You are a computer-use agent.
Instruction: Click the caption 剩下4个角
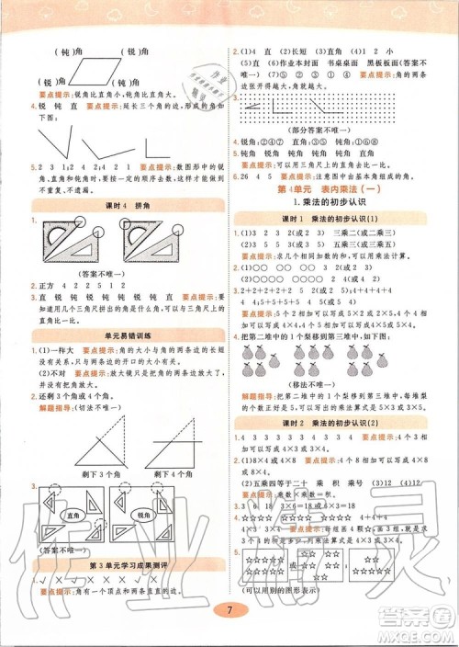pos(157,475)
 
